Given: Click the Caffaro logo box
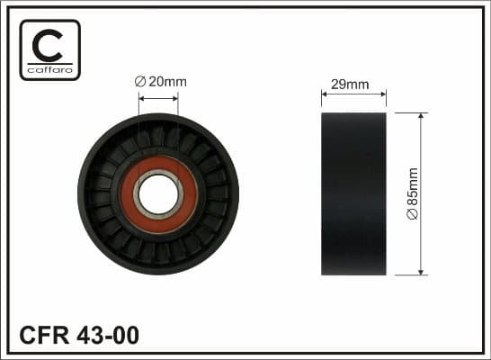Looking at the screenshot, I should pos(50,49).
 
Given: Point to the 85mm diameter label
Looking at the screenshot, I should pos(413,194).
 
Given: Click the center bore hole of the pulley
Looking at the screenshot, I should pos(158,193).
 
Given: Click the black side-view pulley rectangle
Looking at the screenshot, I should pos(353,194).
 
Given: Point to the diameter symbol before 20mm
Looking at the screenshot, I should pos(139,82).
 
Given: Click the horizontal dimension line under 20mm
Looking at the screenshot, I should pos(158,93).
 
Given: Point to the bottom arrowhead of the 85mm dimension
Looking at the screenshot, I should pos(421,271).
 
